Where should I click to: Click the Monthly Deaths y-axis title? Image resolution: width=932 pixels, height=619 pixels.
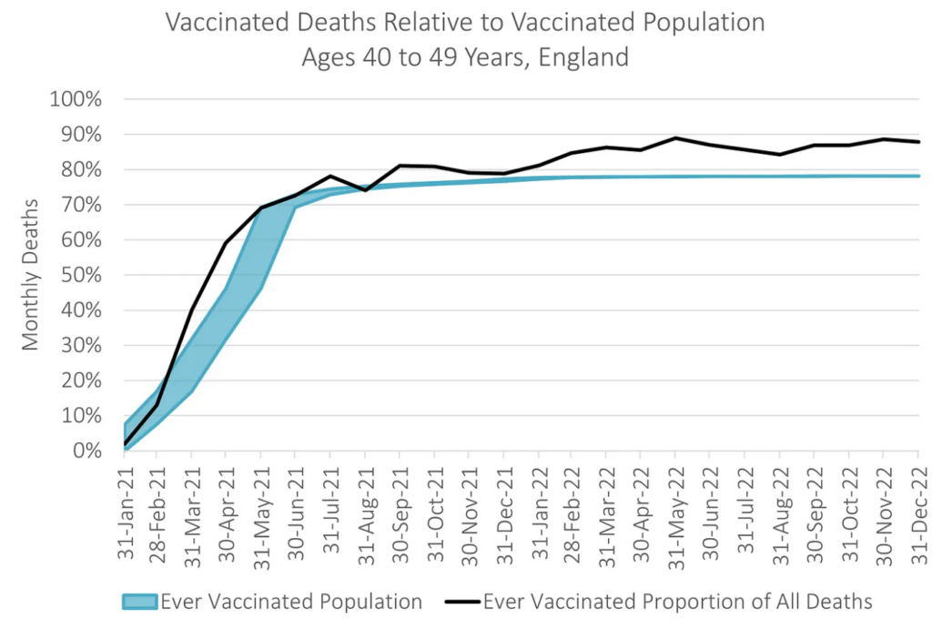point(31,275)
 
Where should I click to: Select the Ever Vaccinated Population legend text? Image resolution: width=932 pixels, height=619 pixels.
point(291,601)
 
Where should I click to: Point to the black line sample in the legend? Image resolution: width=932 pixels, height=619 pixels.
point(461,601)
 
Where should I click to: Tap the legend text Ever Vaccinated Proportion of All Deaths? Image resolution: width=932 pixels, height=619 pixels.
point(678,601)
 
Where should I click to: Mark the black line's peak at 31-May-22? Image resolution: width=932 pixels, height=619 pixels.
point(675,138)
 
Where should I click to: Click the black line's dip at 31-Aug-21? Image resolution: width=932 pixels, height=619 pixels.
point(364,190)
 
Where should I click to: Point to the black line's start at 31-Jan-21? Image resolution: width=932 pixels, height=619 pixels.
point(124,444)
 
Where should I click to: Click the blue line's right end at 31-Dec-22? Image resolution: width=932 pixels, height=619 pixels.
point(917,176)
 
